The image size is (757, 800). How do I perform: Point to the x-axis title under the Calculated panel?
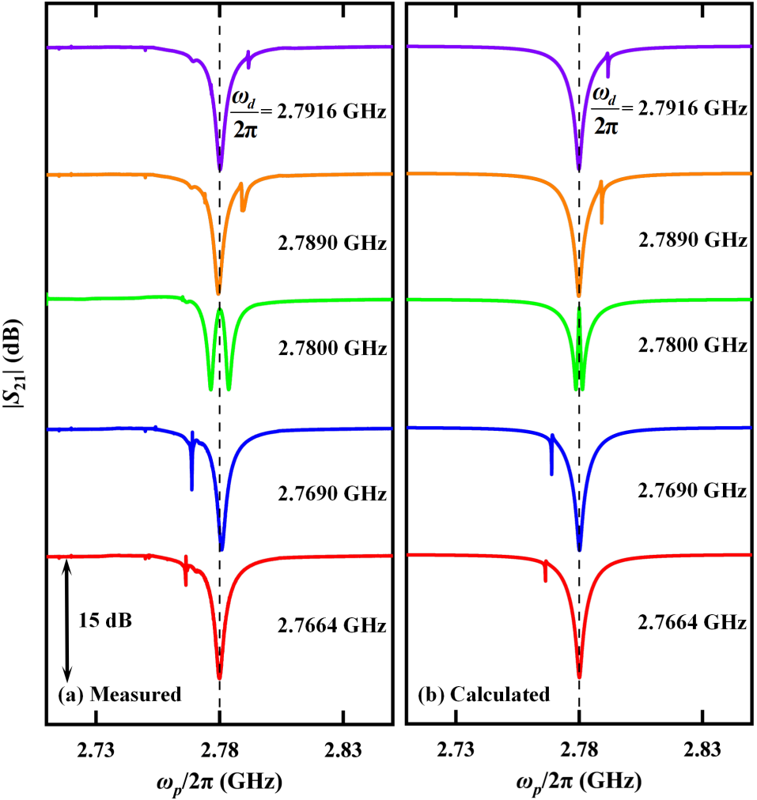pyautogui.click(x=578, y=782)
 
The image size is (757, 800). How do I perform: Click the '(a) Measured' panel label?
pyautogui.click(x=120, y=696)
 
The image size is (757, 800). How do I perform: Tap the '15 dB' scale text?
pyautogui.click(x=105, y=619)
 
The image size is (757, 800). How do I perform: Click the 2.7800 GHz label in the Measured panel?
pyautogui.click(x=331, y=347)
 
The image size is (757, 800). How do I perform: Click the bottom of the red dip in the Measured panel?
pyautogui.click(x=220, y=676)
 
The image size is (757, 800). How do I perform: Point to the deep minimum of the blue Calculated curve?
pyautogui.click(x=579, y=547)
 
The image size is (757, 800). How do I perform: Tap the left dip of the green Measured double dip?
pyautogui.click(x=210, y=387)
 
